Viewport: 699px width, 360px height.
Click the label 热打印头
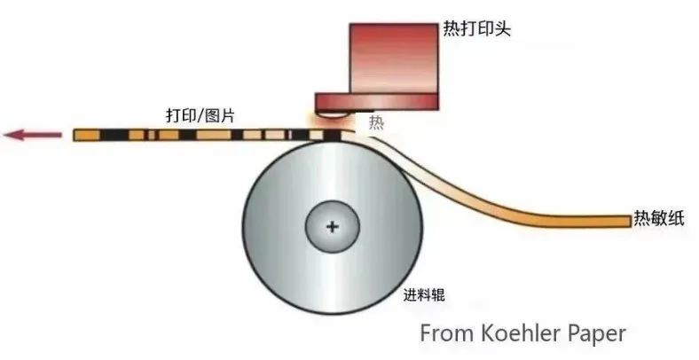(x=476, y=29)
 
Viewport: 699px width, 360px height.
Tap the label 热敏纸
(x=659, y=218)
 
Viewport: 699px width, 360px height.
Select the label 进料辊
(x=424, y=295)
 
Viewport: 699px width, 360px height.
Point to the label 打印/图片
(x=200, y=116)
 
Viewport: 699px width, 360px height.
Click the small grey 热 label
(x=376, y=122)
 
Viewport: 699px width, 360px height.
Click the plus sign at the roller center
(x=332, y=227)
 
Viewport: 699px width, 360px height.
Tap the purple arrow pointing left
(x=32, y=134)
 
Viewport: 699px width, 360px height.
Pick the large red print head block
(x=394, y=59)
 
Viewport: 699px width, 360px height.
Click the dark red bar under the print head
(x=377, y=102)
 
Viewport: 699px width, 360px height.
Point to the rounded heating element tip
(x=333, y=114)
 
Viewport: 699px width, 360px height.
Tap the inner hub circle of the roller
(x=332, y=227)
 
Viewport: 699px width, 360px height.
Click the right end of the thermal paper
(x=630, y=222)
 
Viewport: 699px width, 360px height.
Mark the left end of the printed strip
(x=75, y=135)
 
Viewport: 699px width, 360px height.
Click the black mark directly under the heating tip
(x=332, y=135)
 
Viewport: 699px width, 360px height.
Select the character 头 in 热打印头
(x=502, y=29)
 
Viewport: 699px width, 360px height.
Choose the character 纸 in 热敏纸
(x=676, y=218)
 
